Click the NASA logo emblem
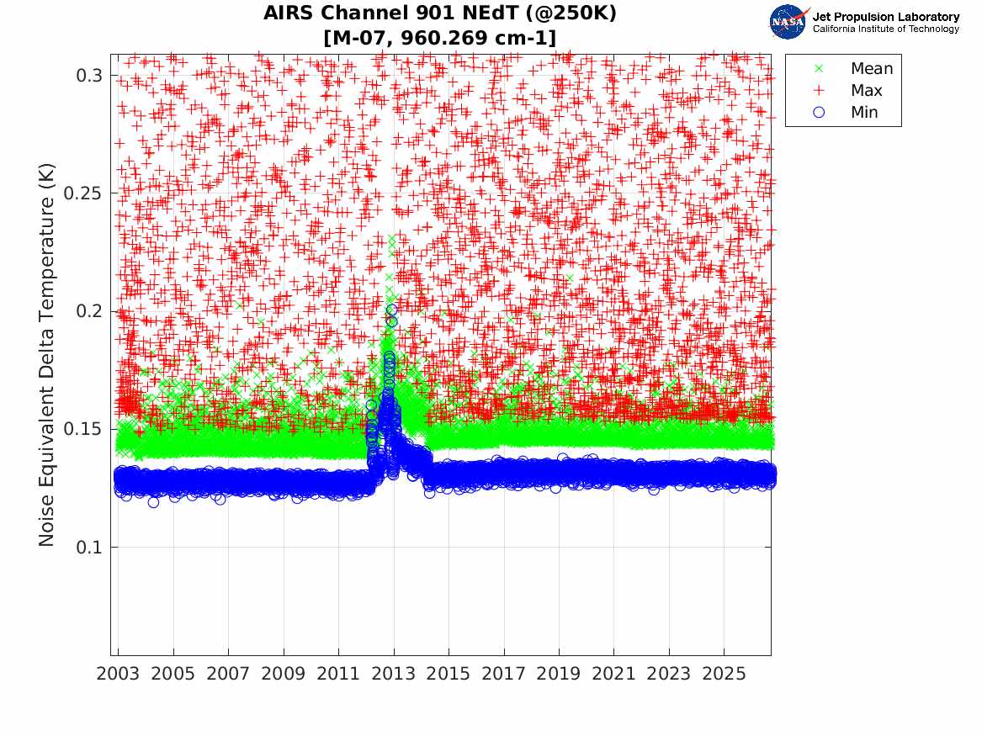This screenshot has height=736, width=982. (788, 22)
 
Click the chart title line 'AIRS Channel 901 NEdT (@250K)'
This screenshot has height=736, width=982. (439, 13)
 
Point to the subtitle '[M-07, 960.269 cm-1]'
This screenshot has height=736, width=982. (439, 38)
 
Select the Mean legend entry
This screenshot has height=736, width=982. (855, 68)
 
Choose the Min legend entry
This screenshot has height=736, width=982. (847, 112)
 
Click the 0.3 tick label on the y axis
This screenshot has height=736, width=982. (89, 76)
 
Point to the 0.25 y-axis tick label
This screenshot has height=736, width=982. (83, 193)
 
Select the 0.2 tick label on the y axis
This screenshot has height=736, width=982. (89, 311)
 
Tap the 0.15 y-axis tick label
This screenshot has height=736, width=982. (83, 429)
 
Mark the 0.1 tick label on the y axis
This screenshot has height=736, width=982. (89, 547)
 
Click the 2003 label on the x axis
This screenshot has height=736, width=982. (118, 674)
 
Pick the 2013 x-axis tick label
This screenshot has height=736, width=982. (393, 674)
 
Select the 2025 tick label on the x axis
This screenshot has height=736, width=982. (724, 674)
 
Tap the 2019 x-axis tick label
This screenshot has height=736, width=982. (559, 674)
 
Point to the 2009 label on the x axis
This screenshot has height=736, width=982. (283, 674)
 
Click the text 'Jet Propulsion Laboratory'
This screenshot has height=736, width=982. (886, 17)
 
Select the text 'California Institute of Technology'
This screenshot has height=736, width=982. (886, 29)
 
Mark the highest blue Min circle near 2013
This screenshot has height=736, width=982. (392, 310)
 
